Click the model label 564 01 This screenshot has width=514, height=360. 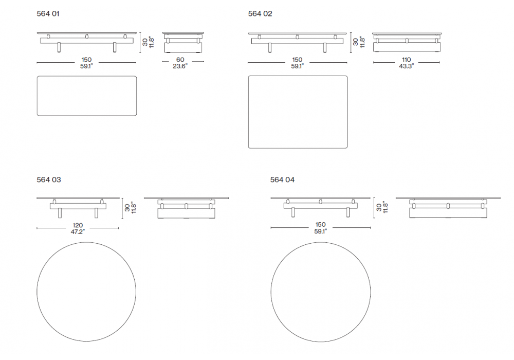48,14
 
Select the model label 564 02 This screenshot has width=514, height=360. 260,14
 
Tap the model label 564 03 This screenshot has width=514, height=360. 49,179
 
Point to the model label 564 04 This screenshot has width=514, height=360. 282,179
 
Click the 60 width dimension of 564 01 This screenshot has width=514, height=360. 180,60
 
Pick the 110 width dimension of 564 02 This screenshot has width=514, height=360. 407,60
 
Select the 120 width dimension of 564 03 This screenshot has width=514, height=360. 78,225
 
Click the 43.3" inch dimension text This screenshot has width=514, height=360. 407,66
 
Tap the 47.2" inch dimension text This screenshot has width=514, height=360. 78,232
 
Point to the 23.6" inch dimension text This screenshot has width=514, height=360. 180,66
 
